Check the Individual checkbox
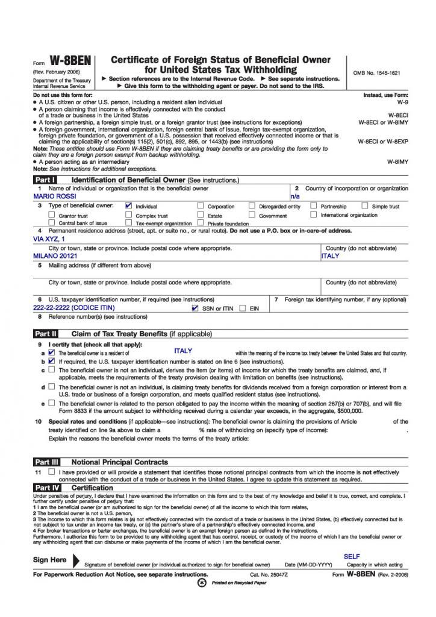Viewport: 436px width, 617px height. pyautogui.click(x=128, y=206)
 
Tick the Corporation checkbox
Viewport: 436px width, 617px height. pyautogui.click(x=201, y=206)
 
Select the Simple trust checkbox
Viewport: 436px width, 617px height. pyautogui.click(x=365, y=206)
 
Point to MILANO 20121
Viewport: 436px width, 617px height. pyautogui.click(x=56, y=255)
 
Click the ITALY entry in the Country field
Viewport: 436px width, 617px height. pyautogui.click(x=331, y=255)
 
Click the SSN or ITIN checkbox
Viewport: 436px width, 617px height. pyautogui.click(x=195, y=308)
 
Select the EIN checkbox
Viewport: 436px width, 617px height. pyautogui.click(x=242, y=308)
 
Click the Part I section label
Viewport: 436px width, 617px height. pyautogui.click(x=45, y=180)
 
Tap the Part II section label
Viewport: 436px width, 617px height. pyautogui.click(x=46, y=333)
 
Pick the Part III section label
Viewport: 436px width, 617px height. pyautogui.click(x=46, y=462)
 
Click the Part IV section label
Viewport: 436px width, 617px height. pyautogui.click(x=46, y=487)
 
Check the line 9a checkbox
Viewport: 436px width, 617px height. pyautogui.click(x=51, y=352)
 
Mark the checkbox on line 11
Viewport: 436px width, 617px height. pyautogui.click(x=51, y=472)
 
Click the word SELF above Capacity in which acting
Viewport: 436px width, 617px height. pyautogui.click(x=352, y=557)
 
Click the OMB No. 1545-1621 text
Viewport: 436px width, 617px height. pyautogui.click(x=377, y=74)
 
